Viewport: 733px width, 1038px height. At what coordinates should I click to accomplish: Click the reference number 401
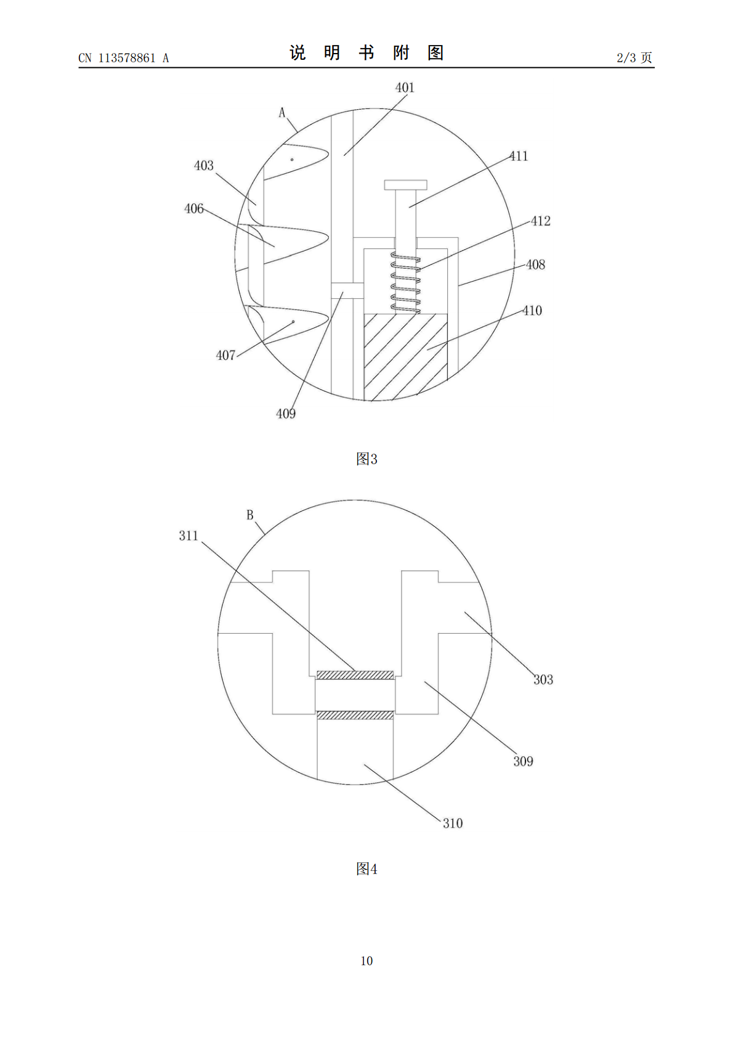(405, 88)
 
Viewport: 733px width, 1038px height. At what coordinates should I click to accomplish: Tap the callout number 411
(519, 156)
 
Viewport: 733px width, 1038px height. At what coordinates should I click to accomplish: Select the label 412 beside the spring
(540, 221)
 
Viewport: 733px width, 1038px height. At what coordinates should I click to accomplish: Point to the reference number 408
(535, 264)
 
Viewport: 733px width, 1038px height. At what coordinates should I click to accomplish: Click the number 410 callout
(532, 311)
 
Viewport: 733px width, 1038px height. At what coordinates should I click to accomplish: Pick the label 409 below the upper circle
(286, 414)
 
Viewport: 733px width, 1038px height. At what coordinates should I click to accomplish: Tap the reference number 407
(226, 356)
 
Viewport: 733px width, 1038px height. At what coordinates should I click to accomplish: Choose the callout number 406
(194, 209)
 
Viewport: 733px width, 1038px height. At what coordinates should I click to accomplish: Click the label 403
(204, 165)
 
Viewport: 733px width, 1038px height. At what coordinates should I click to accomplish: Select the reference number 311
(188, 536)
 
